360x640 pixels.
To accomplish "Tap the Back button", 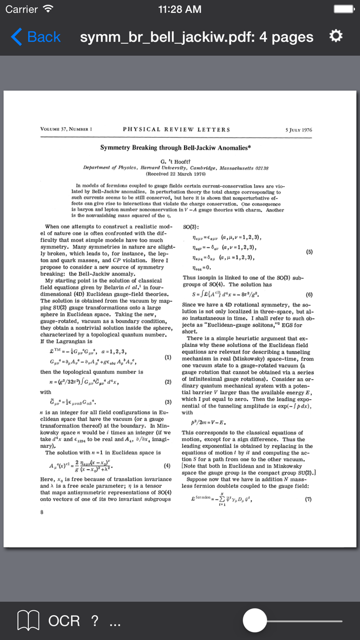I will [36, 37].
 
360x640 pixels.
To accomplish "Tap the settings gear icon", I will [335, 37].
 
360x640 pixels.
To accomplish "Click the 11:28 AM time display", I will [180, 9].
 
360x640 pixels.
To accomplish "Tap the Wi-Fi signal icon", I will [48, 9].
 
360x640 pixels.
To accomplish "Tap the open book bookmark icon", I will [28, 621].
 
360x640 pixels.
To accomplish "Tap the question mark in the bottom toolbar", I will [95, 621].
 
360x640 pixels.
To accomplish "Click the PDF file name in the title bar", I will [196, 37].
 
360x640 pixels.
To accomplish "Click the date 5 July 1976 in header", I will [298, 130].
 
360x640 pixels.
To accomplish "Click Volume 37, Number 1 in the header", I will [66, 130].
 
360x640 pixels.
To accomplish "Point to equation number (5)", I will [309, 252].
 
